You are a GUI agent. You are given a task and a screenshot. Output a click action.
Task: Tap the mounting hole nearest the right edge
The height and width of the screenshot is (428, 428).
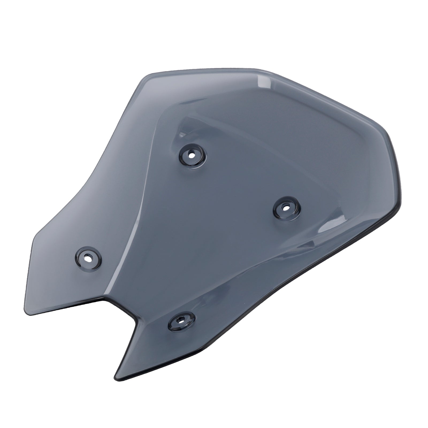click(286, 207)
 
